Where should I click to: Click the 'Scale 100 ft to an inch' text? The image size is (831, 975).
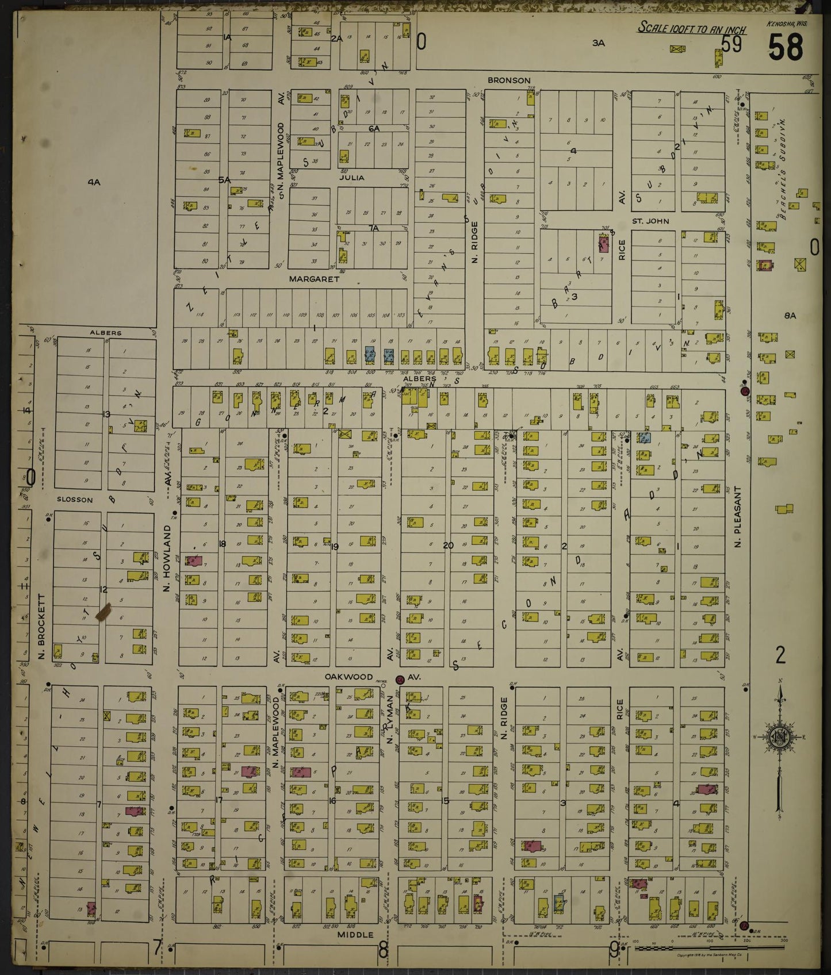click(x=692, y=28)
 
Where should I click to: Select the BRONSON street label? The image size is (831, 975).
click(x=509, y=80)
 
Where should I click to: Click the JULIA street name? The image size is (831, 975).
click(x=351, y=178)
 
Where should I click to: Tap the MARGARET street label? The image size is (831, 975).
click(x=314, y=279)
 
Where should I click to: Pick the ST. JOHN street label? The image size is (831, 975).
click(x=650, y=221)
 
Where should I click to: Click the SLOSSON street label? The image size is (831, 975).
click(x=75, y=500)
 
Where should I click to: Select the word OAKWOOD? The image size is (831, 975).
click(x=349, y=677)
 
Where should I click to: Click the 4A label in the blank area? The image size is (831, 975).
click(x=94, y=182)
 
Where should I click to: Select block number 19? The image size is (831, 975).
click(x=335, y=546)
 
